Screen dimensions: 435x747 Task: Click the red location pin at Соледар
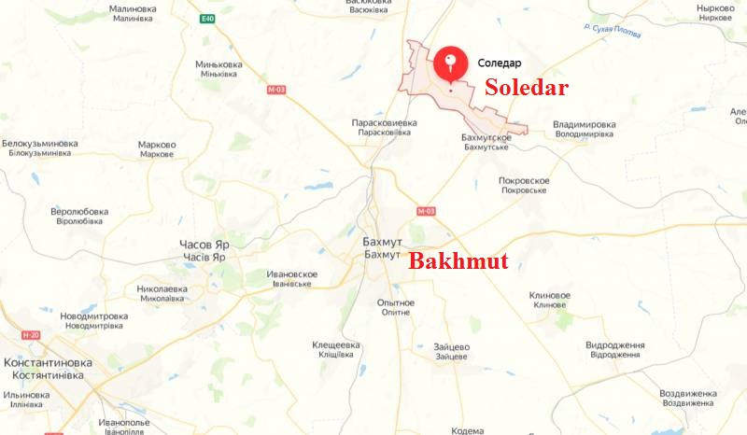click(451, 63)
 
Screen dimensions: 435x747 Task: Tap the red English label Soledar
click(526, 89)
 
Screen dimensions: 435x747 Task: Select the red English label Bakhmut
click(458, 261)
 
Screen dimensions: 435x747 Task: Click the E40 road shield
click(206, 18)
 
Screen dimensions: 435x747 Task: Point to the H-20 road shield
click(32, 334)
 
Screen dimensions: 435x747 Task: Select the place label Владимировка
click(585, 124)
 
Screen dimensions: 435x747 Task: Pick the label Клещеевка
click(335, 344)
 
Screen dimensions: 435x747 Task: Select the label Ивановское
click(292, 274)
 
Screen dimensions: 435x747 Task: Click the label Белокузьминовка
click(39, 144)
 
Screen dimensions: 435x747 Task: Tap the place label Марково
click(157, 145)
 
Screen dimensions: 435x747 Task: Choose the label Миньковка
click(218, 63)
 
